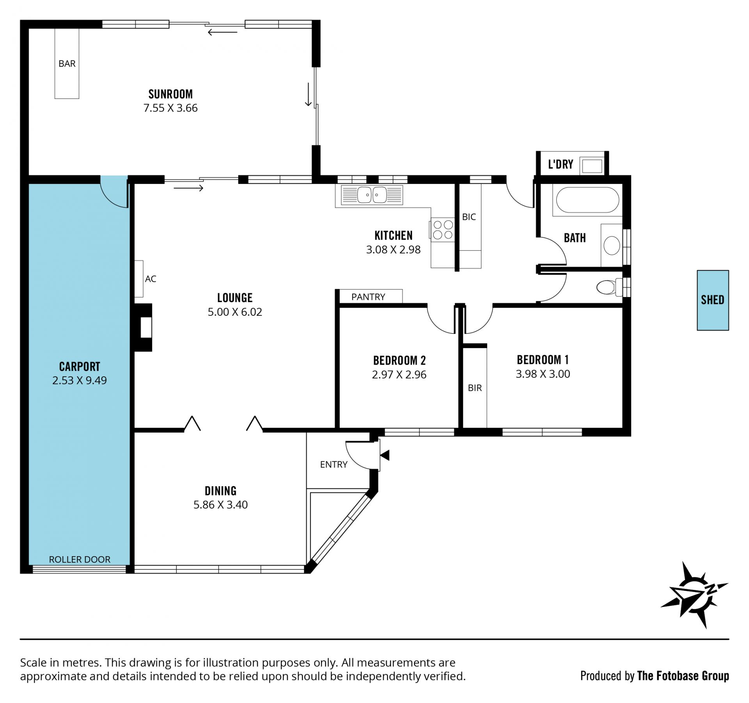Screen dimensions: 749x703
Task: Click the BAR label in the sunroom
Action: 67,64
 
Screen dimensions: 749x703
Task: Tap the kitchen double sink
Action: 372,195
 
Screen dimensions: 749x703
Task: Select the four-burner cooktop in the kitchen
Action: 443,230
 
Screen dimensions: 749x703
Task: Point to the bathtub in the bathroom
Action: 587,200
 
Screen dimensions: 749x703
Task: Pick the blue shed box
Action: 713,300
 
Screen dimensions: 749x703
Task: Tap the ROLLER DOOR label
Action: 80,559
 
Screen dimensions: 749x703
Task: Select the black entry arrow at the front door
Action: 385,455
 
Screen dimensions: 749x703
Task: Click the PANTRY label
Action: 368,297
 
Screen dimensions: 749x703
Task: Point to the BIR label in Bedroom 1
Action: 475,388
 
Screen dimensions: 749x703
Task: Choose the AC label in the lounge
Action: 151,279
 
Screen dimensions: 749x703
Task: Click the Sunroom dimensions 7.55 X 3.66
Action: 170,108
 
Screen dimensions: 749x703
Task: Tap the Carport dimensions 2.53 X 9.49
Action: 80,381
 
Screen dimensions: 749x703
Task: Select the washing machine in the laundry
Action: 592,166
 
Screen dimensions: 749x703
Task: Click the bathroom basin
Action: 612,246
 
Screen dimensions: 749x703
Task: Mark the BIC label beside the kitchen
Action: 469,217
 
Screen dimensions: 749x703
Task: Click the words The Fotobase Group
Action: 683,676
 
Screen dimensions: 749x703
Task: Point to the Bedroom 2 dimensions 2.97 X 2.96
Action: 399,375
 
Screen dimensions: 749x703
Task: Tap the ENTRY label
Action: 334,465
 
